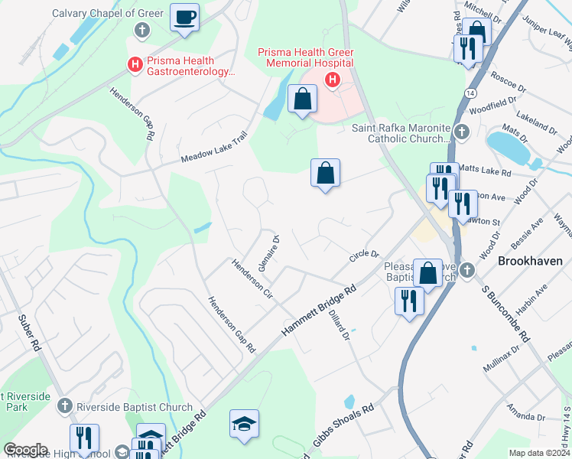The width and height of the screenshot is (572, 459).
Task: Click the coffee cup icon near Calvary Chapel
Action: pos(184,17)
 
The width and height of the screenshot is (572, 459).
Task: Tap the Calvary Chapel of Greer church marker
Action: pos(141,31)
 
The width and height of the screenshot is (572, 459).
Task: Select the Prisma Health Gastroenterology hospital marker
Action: pos(135,65)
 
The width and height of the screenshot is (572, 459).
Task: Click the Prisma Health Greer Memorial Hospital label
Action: pos(305,57)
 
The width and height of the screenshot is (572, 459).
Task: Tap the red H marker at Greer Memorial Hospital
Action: pos(333,80)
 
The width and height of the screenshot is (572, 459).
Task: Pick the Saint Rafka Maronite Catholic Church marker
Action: pos(461,132)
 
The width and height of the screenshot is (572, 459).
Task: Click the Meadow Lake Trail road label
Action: pos(215,148)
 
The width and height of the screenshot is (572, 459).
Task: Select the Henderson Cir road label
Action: pos(252,279)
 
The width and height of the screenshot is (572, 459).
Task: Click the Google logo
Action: pos(25,450)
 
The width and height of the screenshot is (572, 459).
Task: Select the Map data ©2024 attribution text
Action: pos(539,452)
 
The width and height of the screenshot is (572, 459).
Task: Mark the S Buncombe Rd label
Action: pos(506,314)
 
